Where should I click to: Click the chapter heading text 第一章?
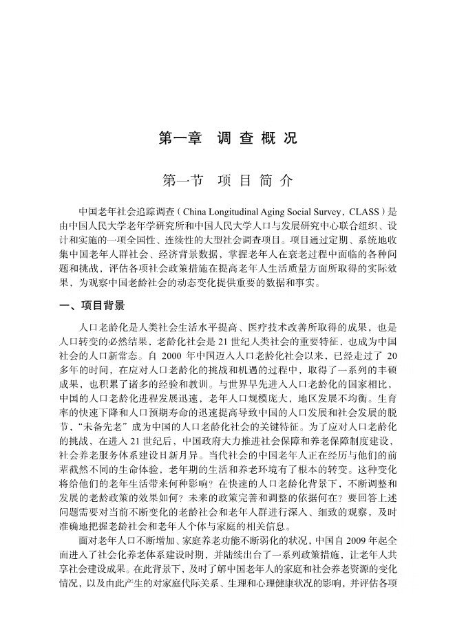point(180,138)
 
